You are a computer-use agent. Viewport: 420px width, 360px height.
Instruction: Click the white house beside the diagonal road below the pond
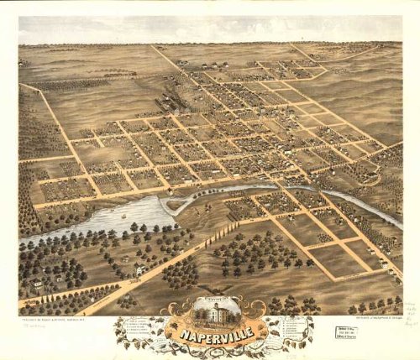139,269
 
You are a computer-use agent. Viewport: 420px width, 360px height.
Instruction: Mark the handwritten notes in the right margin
412,315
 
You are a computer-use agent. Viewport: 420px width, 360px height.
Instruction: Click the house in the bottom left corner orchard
38,285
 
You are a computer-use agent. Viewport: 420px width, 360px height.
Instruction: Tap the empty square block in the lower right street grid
336,260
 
